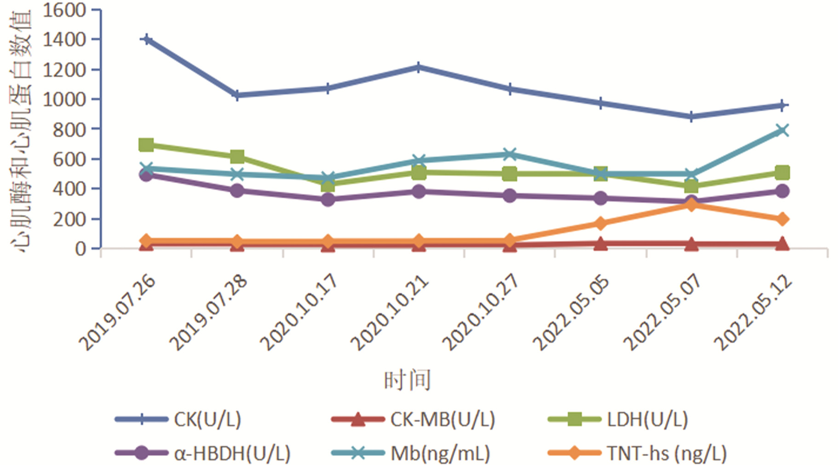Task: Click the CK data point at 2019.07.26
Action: (146, 40)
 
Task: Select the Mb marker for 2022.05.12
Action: (782, 130)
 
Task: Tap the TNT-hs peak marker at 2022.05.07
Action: (691, 204)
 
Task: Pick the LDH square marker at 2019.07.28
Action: (237, 156)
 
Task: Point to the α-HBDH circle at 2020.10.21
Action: (419, 191)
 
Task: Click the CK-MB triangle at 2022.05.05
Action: (600, 244)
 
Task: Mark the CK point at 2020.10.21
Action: (419, 68)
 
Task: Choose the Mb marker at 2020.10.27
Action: (509, 154)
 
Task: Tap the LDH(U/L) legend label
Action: (647, 419)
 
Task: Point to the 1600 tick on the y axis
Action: (64, 10)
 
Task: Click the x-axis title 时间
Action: (408, 381)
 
